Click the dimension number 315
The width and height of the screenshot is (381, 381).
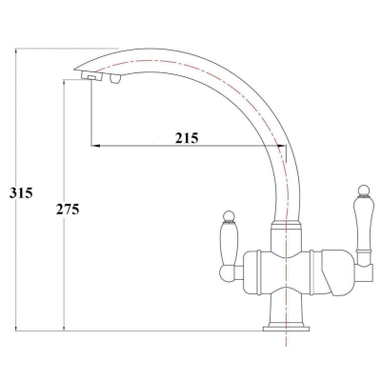click(x=21, y=193)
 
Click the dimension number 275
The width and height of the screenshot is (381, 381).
click(x=68, y=210)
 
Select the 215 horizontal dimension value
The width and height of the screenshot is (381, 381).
click(x=187, y=138)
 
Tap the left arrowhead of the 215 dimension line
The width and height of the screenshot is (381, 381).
click(x=96, y=146)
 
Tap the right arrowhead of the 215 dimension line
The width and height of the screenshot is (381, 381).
click(x=282, y=146)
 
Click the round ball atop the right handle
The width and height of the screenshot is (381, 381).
click(x=364, y=190)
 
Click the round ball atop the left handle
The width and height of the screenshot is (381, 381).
click(x=229, y=216)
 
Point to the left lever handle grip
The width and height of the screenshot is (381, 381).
click(x=229, y=244)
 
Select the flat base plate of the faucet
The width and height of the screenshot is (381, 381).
click(x=286, y=328)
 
